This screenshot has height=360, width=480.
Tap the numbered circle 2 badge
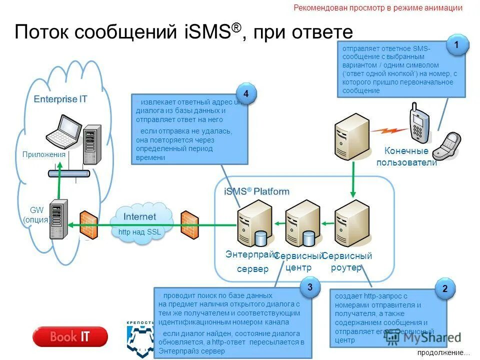pyautogui.click(x=445, y=289)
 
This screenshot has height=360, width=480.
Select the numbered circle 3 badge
pyautogui.click(x=310, y=287)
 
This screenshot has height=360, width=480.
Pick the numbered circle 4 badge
pyautogui.click(x=245, y=94)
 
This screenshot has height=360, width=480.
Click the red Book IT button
pyautogui.click(x=70, y=336)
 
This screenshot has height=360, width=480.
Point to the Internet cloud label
pyautogui.click(x=139, y=217)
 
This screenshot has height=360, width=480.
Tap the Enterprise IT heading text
pyautogui.click(x=60, y=99)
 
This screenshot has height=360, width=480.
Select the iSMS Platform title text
pyautogui.click(x=256, y=191)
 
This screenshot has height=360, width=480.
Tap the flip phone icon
pyautogui.click(x=447, y=145)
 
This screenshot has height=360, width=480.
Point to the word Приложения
pyautogui.click(x=44, y=154)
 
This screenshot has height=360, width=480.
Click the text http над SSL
pyautogui.click(x=139, y=232)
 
